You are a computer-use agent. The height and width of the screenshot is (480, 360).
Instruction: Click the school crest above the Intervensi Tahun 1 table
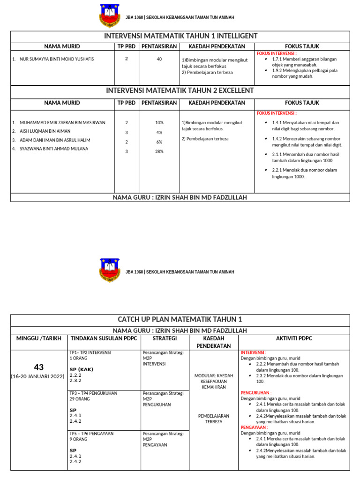[109, 15]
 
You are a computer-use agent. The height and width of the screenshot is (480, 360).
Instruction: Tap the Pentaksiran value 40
[159, 59]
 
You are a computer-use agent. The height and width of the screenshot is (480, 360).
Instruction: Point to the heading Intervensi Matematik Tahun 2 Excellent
[180, 90]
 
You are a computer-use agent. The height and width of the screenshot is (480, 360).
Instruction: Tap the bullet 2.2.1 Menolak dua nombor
[304, 173]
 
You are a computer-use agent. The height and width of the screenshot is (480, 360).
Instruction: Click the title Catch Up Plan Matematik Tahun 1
[180, 320]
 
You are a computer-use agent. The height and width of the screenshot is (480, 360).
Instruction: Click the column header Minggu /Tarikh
[38, 338]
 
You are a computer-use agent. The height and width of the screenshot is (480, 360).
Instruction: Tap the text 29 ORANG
[79, 398]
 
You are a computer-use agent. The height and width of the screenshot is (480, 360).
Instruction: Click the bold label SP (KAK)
[82, 369]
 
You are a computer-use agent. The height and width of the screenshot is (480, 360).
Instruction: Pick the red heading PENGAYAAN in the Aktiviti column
[254, 427]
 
